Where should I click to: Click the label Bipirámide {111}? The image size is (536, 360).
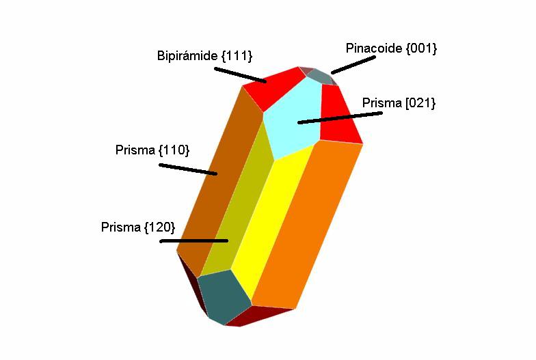(204, 56)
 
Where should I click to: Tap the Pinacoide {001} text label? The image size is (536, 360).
(391, 48)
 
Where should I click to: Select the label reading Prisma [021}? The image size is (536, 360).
(399, 102)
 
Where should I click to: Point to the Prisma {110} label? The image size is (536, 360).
(152, 150)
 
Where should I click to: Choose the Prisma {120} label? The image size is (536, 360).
(138, 227)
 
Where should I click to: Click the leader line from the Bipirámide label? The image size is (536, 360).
(241, 75)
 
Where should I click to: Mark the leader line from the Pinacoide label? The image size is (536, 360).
(353, 65)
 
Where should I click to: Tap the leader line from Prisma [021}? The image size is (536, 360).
(340, 117)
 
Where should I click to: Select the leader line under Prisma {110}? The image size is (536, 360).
(188, 169)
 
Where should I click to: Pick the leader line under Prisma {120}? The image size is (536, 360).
(194, 241)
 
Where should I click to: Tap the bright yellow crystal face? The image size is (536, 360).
(272, 219)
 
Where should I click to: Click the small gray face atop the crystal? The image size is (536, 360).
(320, 77)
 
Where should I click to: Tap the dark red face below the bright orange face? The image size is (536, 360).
(258, 316)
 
